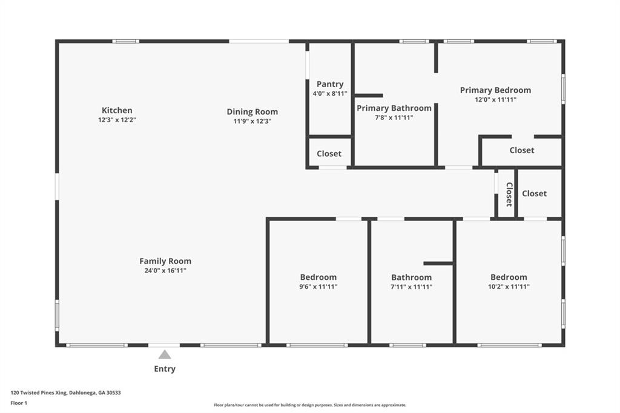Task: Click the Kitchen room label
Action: coord(117,110)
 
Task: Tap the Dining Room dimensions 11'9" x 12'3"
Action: coord(252,121)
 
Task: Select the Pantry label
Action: coord(330,84)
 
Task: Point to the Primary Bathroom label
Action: coord(394,108)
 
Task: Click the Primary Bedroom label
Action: coord(495,90)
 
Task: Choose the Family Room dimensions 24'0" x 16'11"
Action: coord(165,271)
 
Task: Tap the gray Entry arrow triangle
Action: coord(165,355)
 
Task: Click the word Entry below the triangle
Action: coord(165,369)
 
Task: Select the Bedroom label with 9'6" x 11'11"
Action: coord(318,277)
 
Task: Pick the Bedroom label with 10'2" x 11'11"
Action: coord(509,277)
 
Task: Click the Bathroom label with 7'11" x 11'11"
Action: coord(412,277)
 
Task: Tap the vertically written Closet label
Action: coord(509,194)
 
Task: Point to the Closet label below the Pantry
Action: coord(329,154)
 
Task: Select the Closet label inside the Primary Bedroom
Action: coord(522,150)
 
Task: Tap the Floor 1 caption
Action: coord(19,403)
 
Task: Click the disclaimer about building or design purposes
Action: coord(309,405)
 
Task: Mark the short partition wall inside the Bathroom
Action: coord(438,263)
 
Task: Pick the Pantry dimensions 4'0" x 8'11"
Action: coord(330,94)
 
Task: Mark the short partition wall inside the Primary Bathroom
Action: coord(369,95)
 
